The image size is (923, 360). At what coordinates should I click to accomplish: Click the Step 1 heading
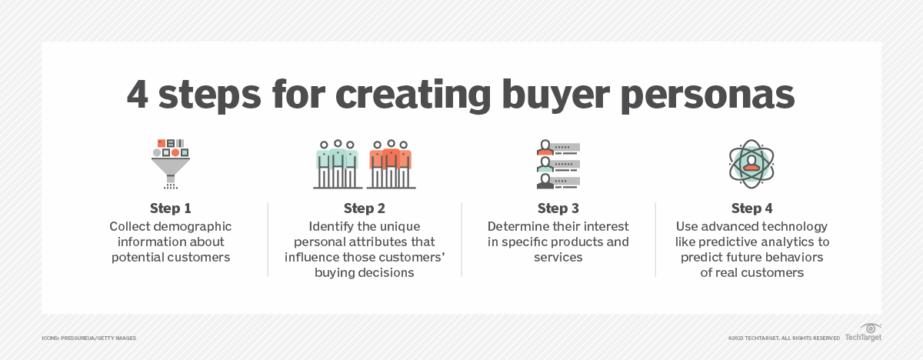point(170,208)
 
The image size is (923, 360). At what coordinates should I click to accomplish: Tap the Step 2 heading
point(364,208)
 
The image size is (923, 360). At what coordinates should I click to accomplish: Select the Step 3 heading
point(558,208)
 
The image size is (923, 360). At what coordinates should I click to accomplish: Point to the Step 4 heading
point(751,208)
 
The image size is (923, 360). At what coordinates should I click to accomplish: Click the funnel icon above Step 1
point(170,162)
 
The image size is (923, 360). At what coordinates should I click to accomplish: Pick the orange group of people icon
point(391,165)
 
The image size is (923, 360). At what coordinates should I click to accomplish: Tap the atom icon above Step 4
point(751,163)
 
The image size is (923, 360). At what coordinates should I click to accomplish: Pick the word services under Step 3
point(558,258)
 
